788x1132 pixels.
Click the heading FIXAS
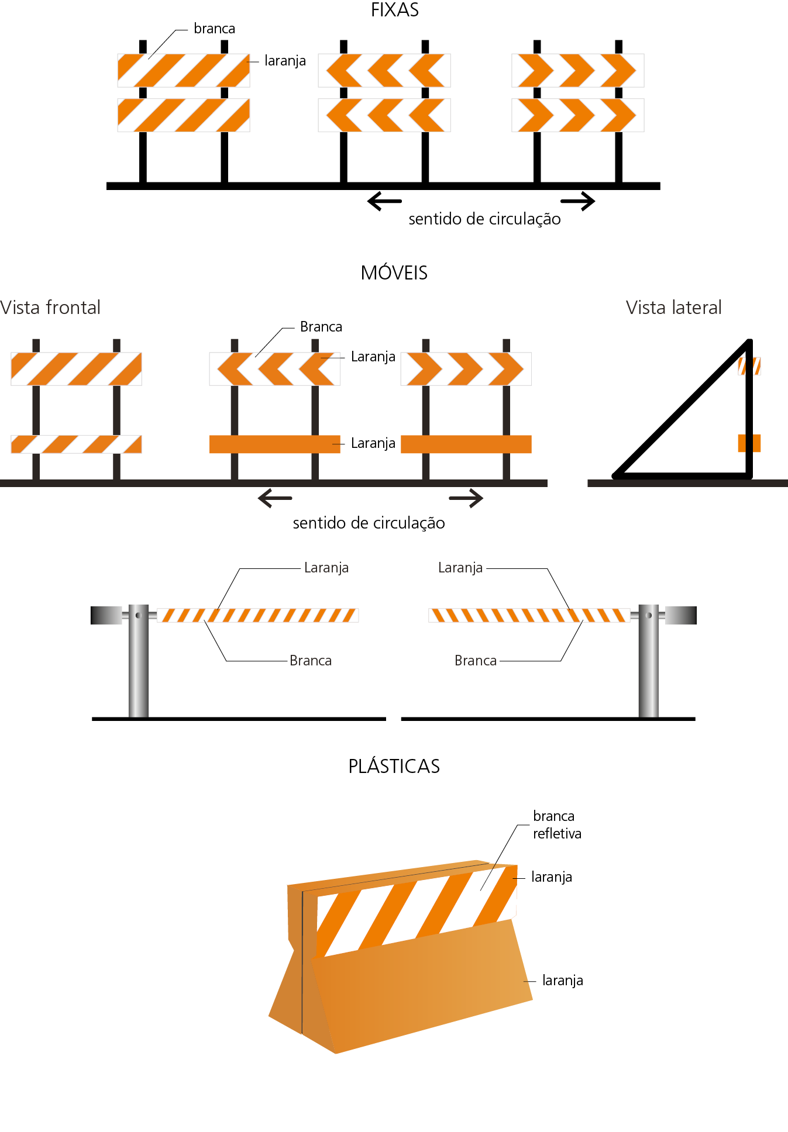[x=394, y=10]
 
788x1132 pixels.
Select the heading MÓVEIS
[x=394, y=272]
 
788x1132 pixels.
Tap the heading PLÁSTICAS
[x=394, y=766]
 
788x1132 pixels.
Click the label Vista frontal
[x=50, y=308]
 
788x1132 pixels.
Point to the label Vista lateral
[x=673, y=308]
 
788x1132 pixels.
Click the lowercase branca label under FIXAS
[x=214, y=29]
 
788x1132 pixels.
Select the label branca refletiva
[x=556, y=824]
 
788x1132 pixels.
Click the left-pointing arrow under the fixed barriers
[x=384, y=201]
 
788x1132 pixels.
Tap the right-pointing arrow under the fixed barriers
[x=578, y=201]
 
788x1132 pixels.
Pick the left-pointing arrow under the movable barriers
[x=274, y=498]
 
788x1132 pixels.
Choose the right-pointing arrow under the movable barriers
[x=466, y=498]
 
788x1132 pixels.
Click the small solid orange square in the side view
[x=749, y=443]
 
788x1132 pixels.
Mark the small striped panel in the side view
[x=749, y=366]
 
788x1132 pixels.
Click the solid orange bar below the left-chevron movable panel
[x=274, y=444]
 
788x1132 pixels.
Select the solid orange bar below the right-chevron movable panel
[x=466, y=444]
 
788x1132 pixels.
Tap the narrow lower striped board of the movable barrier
[x=76, y=444]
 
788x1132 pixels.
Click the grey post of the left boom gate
[x=139, y=667]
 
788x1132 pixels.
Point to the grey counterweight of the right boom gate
[x=681, y=615]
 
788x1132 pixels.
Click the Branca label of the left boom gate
[x=310, y=661]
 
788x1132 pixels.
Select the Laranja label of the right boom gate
[x=460, y=568]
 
